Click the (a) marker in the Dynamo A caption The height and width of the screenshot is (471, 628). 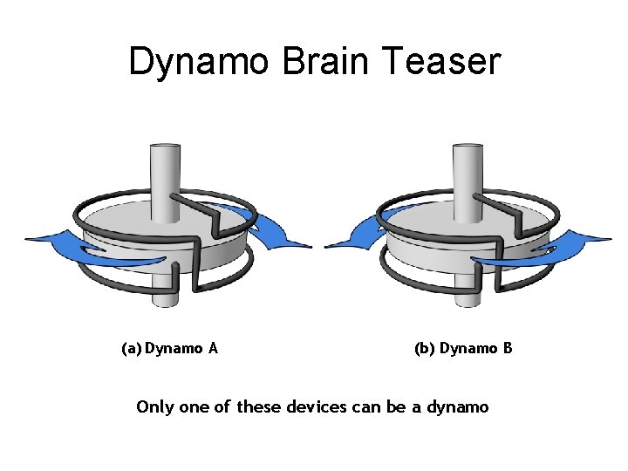pyautogui.click(x=131, y=349)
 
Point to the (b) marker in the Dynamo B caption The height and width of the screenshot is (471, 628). pyautogui.click(x=425, y=349)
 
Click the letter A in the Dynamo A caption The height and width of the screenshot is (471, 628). pyautogui.click(x=213, y=349)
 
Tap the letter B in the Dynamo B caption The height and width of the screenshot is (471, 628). pyautogui.click(x=507, y=349)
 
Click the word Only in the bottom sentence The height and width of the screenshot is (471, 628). pyautogui.click(x=154, y=407)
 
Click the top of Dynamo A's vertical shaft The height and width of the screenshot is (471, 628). pyautogui.click(x=166, y=149)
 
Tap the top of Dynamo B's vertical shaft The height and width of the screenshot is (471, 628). pyautogui.click(x=468, y=149)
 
